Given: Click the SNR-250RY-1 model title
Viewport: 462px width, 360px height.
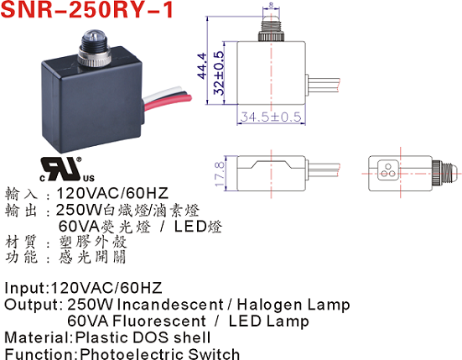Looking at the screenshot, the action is click(x=87, y=9).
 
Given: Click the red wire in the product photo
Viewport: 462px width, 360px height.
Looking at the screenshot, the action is click(x=168, y=102).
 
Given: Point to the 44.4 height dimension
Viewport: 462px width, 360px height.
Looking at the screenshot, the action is click(x=202, y=65).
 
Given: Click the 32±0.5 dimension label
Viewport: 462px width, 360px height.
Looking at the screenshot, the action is click(x=219, y=73).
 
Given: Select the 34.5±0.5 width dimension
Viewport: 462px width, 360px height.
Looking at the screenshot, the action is click(x=271, y=117).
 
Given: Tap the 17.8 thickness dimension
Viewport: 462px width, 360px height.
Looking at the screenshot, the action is click(x=220, y=174).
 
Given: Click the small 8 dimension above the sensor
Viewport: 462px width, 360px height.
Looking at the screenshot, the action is click(x=271, y=5).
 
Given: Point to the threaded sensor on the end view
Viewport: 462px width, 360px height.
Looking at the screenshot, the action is click(x=445, y=170).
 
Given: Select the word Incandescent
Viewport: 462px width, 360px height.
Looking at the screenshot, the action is click(x=170, y=305).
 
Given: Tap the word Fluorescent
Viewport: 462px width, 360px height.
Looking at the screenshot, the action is click(x=159, y=321).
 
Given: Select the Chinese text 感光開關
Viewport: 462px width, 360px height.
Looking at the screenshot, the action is click(x=92, y=257).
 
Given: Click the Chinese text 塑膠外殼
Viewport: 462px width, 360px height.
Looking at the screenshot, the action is click(x=93, y=242).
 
